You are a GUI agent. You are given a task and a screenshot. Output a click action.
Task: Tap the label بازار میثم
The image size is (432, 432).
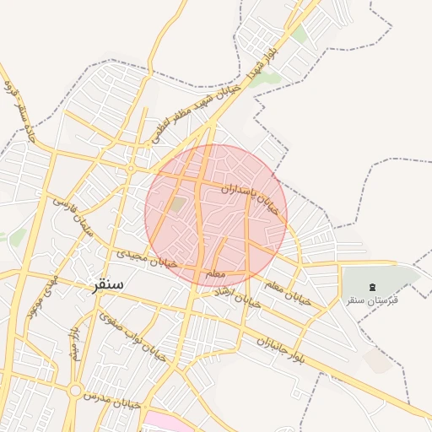[74, 341]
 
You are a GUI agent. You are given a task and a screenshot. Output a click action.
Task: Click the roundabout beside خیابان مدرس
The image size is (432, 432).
[76, 391]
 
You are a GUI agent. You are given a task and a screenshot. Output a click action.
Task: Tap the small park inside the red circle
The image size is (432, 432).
[177, 204]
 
